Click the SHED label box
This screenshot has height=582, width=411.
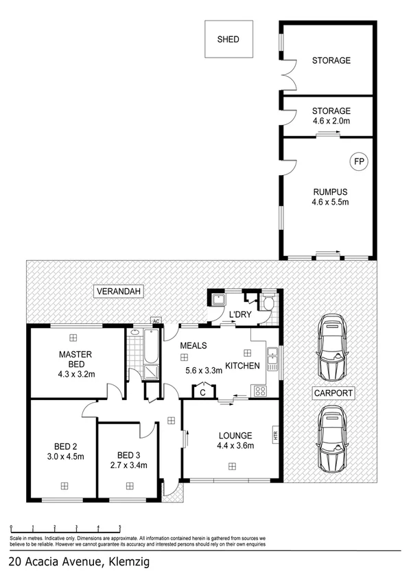tap(228, 40)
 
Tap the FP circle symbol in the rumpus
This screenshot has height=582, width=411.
tap(358, 162)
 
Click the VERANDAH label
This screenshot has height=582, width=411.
tap(119, 292)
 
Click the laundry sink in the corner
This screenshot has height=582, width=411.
tap(218, 299)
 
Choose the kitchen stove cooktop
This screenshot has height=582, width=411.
tap(261, 391)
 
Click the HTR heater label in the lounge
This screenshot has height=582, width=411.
tap(275, 434)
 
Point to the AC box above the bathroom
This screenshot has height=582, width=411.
tap(156, 321)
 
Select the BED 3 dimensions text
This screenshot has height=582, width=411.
tap(128, 466)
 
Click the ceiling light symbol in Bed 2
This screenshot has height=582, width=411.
tap(64, 485)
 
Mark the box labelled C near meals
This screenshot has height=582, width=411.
tap(203, 392)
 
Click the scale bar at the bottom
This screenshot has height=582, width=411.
tap(66, 527)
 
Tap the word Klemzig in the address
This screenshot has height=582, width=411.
tap(124, 562)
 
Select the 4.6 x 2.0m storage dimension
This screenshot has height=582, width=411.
tap(331, 121)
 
